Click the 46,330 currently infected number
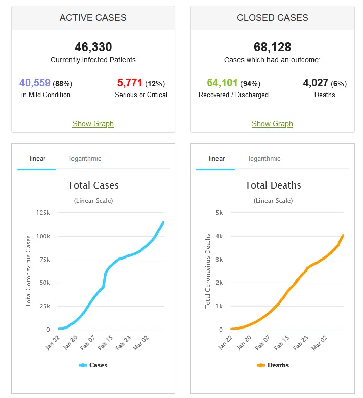[93, 47]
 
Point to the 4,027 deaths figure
[316, 83]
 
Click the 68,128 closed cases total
[272, 47]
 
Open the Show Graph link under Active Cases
[93, 124]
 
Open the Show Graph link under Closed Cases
[272, 124]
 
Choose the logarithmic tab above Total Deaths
[264, 158]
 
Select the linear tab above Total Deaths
[216, 158]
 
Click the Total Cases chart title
[93, 185]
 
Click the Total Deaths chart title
[273, 185]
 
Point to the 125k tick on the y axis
[43, 213]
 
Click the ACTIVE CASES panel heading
[93, 18]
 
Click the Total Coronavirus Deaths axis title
[208, 271]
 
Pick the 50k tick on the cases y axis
[44, 283]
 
